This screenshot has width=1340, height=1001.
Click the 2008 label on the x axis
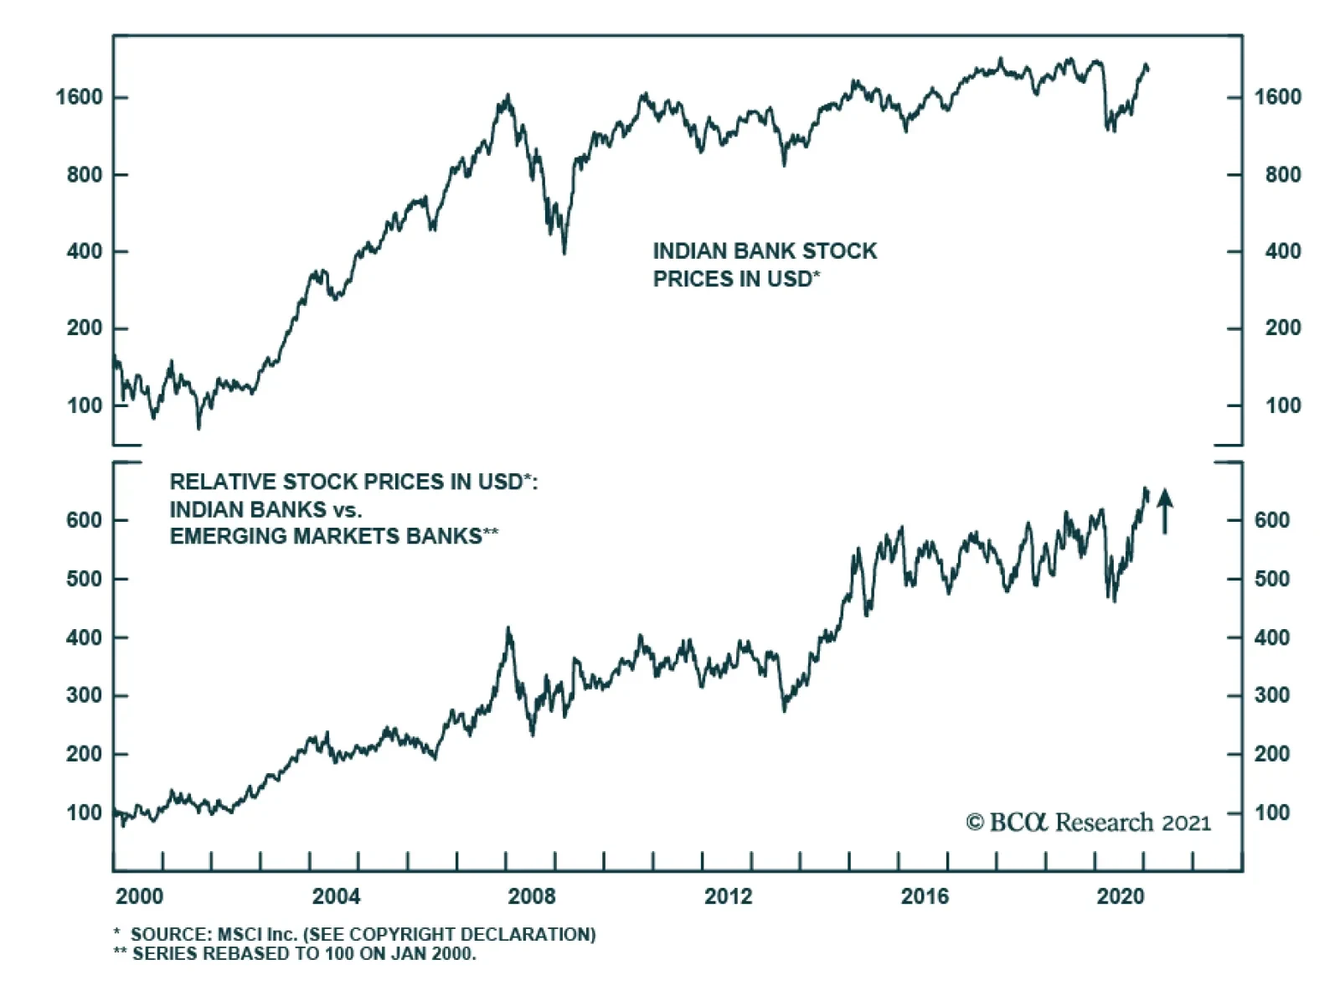tap(532, 896)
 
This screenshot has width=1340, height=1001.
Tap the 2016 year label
tap(925, 896)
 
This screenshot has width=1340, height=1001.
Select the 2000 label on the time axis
tap(139, 896)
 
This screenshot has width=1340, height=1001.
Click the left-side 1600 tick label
tap(79, 97)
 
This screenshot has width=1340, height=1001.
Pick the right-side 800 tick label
tap(1283, 174)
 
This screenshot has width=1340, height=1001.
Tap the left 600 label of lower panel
tap(84, 520)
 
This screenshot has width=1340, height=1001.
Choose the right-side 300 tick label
tap(1271, 695)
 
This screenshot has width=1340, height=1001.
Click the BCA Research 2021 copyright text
tap(1088, 823)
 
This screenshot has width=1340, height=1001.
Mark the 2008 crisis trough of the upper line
tap(564, 252)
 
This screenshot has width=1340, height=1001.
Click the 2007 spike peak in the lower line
tap(508, 627)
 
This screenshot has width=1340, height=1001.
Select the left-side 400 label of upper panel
tap(85, 251)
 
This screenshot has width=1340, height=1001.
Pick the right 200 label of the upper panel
tap(1283, 328)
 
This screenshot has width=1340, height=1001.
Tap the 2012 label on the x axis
tap(728, 896)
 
